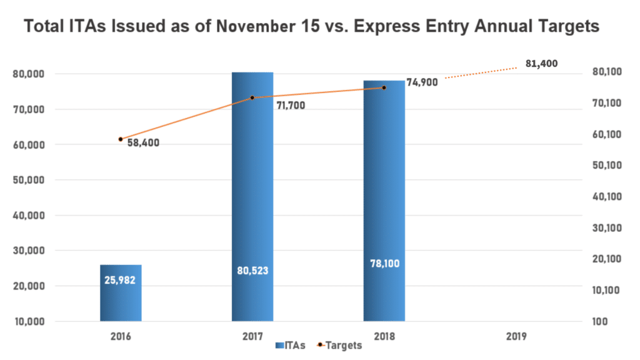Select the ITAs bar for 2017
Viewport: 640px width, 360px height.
click(252, 187)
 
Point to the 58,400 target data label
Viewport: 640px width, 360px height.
click(143, 142)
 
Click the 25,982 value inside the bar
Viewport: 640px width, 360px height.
click(121, 279)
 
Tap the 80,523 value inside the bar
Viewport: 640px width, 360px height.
click(252, 271)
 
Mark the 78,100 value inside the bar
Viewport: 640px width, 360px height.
click(384, 264)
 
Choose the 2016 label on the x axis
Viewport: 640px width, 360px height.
click(121, 336)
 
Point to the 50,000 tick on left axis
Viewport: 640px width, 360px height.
click(27, 180)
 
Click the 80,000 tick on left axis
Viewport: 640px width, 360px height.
click(27, 74)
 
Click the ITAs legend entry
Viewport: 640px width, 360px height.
click(289, 345)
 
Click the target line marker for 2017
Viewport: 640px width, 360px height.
click(252, 97)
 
